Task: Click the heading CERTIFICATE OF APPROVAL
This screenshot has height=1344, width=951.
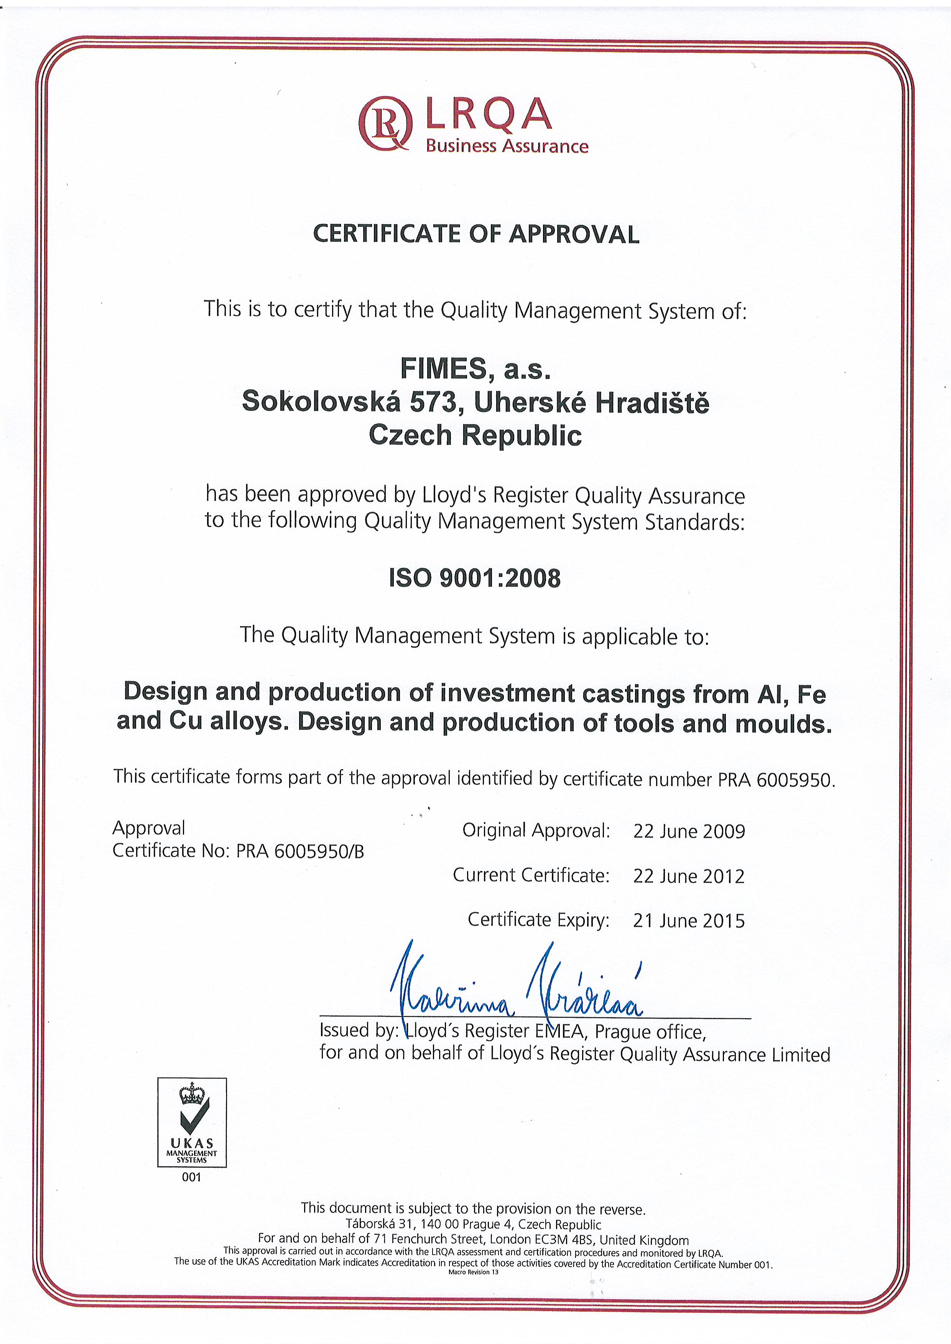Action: [x=475, y=234]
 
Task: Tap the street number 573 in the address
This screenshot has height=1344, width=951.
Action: [x=433, y=402]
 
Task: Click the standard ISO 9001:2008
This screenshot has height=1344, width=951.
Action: [x=474, y=578]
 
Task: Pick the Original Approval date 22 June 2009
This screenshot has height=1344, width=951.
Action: [x=689, y=831]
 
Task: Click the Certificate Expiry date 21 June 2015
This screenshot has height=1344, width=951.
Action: [x=689, y=921]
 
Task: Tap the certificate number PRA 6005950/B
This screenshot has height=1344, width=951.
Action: [x=300, y=851]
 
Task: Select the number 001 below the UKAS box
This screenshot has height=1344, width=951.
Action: [x=191, y=1177]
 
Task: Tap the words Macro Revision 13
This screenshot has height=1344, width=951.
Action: [x=473, y=1272]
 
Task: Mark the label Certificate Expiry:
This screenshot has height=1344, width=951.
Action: [x=538, y=920]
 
